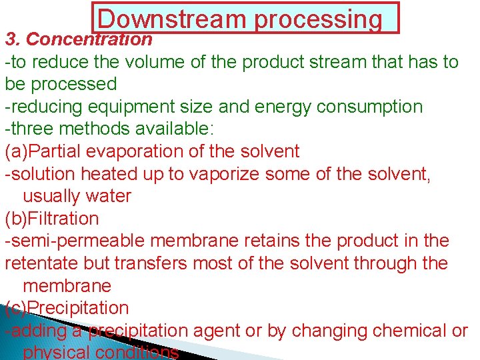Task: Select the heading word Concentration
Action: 89,39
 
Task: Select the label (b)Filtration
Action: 52,219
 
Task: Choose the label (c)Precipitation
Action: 67,308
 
